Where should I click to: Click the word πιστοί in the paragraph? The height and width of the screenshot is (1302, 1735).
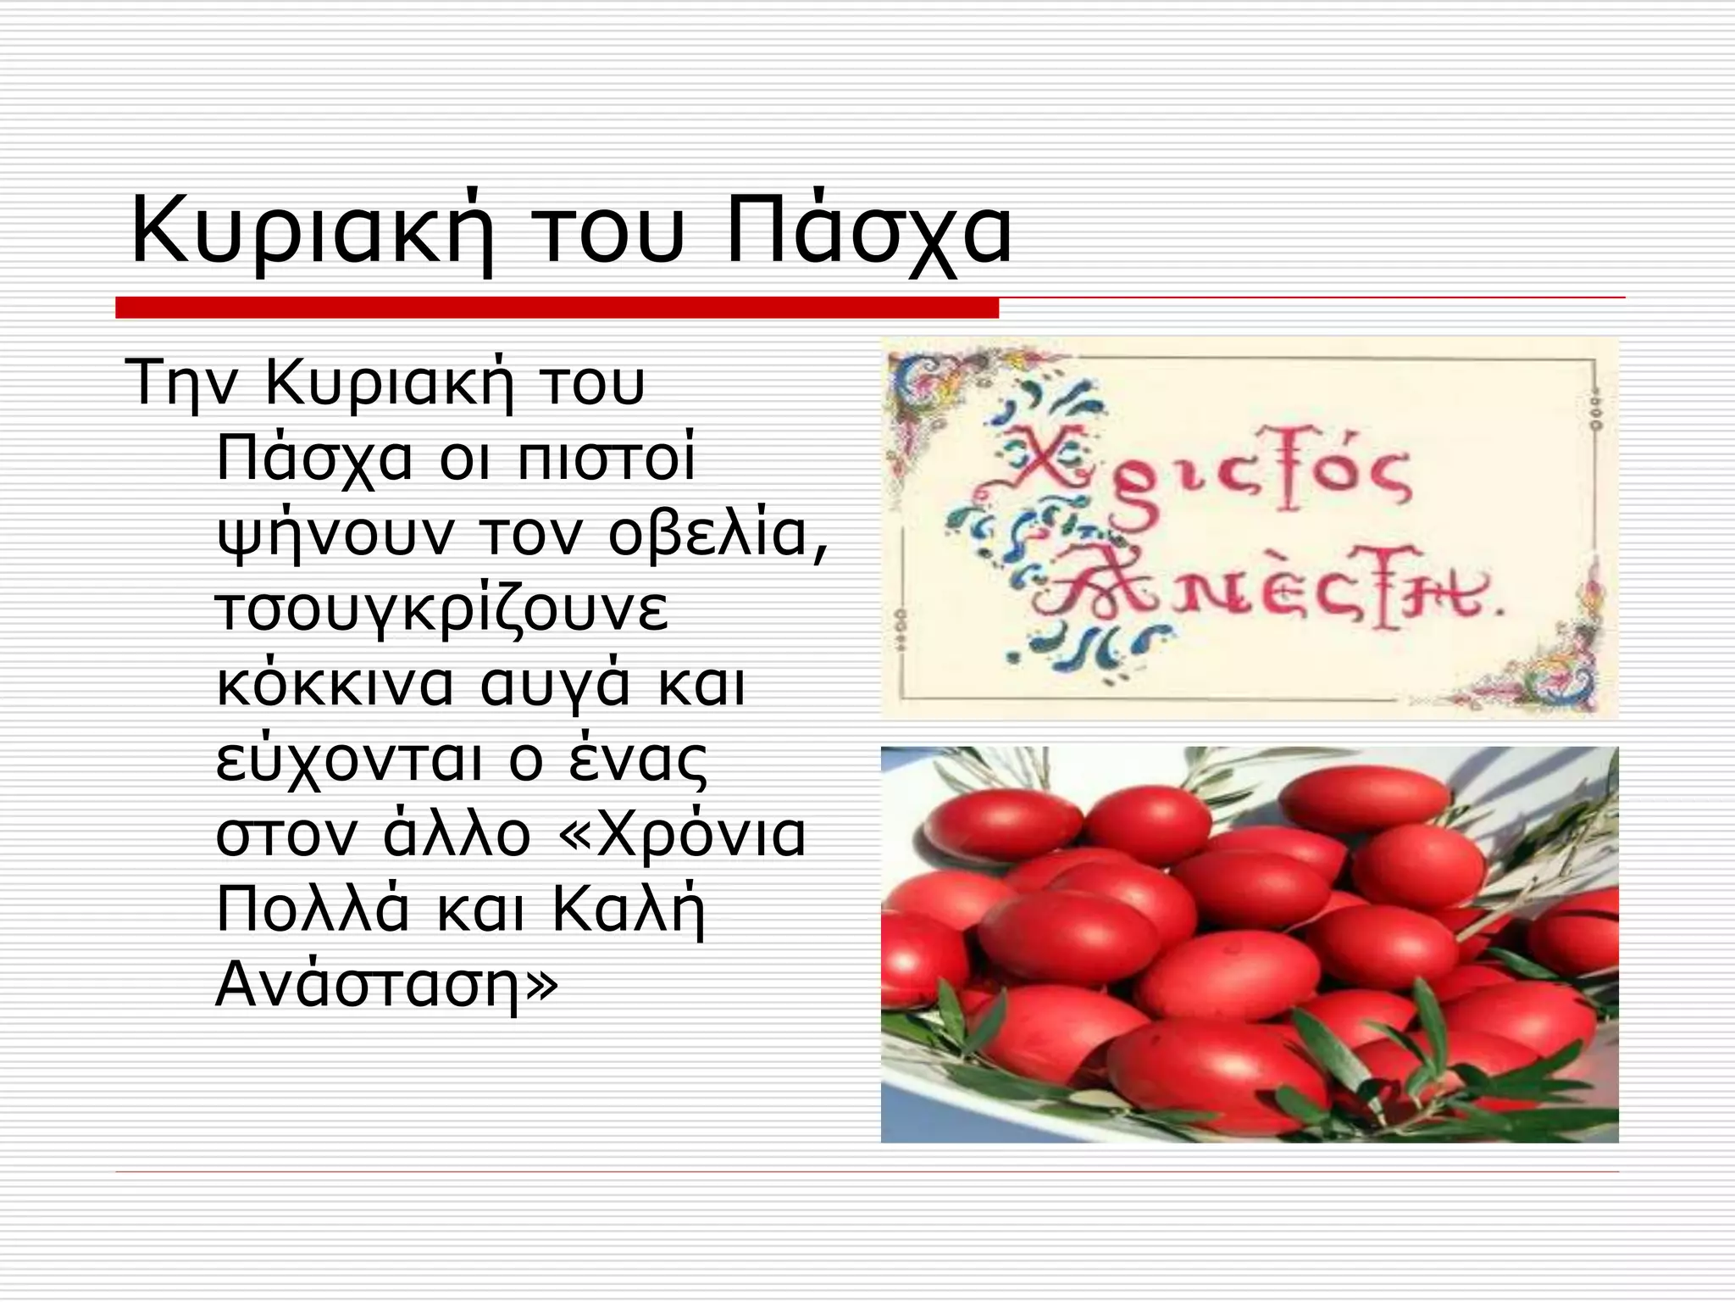[x=606, y=459]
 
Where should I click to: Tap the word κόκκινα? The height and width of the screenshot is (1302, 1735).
[x=335, y=684]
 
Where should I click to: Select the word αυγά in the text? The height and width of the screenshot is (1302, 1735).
[x=555, y=686]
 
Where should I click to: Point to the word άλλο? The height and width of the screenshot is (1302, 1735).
[x=457, y=835]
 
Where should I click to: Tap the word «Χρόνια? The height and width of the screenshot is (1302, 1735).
[x=682, y=835]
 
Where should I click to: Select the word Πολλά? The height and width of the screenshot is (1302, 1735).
[x=313, y=910]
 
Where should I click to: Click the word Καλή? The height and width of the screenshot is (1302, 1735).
[x=629, y=910]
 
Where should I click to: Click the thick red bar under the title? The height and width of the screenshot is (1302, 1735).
[x=557, y=308]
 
